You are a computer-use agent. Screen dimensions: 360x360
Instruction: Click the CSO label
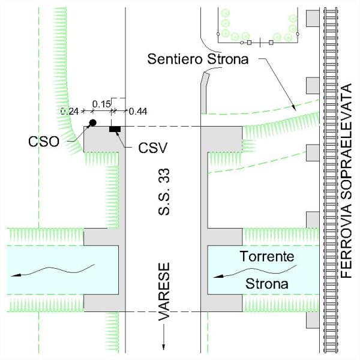pos(43,142)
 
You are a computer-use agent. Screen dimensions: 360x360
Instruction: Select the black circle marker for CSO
pos(92,123)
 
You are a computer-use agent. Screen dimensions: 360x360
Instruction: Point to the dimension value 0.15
pos(102,104)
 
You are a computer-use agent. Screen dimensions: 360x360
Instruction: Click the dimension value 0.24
pos(71,111)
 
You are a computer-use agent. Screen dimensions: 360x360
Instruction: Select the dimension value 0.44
pos(138,111)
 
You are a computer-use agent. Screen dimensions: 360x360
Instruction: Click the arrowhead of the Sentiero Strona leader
pos(295,107)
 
